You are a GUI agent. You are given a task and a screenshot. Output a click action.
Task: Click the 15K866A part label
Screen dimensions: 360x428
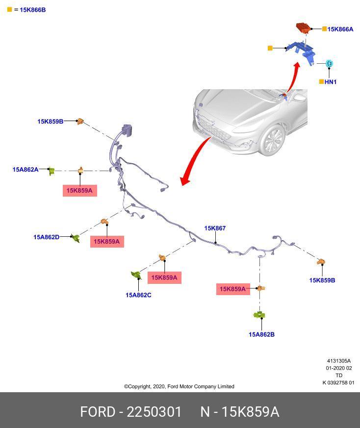click(x=340, y=29)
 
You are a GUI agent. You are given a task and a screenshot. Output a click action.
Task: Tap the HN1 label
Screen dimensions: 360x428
click(x=331, y=82)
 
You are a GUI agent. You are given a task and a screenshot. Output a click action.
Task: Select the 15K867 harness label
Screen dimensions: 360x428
click(x=215, y=228)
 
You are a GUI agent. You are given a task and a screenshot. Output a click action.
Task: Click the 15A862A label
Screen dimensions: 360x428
click(x=26, y=170)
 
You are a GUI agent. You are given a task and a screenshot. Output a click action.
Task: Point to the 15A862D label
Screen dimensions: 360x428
click(x=47, y=237)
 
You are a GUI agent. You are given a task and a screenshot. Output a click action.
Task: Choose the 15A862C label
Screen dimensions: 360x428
click(x=138, y=295)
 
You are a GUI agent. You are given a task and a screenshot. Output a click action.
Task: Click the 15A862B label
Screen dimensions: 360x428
click(x=262, y=334)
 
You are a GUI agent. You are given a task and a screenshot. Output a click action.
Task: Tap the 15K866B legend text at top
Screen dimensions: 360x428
click(x=33, y=10)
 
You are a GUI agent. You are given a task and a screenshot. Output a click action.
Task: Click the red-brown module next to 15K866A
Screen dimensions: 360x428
click(x=304, y=28)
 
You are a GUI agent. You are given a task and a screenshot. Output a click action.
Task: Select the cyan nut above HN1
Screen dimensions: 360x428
click(x=330, y=64)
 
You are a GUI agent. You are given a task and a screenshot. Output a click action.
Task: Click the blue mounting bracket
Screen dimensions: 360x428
click(x=301, y=52)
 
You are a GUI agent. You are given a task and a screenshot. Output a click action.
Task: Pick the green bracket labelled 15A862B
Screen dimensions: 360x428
click(x=259, y=315)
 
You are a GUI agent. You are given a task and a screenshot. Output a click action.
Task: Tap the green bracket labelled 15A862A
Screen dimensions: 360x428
click(x=51, y=171)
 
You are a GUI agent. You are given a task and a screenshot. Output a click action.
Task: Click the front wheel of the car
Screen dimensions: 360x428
click(x=273, y=140)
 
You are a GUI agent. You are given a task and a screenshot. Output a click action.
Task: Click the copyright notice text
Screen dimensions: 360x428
click(x=179, y=386)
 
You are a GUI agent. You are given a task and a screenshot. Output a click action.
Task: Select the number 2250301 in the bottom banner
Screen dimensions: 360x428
click(x=154, y=412)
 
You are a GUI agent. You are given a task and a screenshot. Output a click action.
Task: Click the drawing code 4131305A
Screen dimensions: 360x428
click(x=339, y=361)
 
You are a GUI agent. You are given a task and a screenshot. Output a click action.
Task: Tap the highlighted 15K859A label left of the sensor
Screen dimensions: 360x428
click(x=233, y=289)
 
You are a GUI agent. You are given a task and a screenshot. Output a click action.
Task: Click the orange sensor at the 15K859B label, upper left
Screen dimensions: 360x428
click(x=80, y=122)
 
